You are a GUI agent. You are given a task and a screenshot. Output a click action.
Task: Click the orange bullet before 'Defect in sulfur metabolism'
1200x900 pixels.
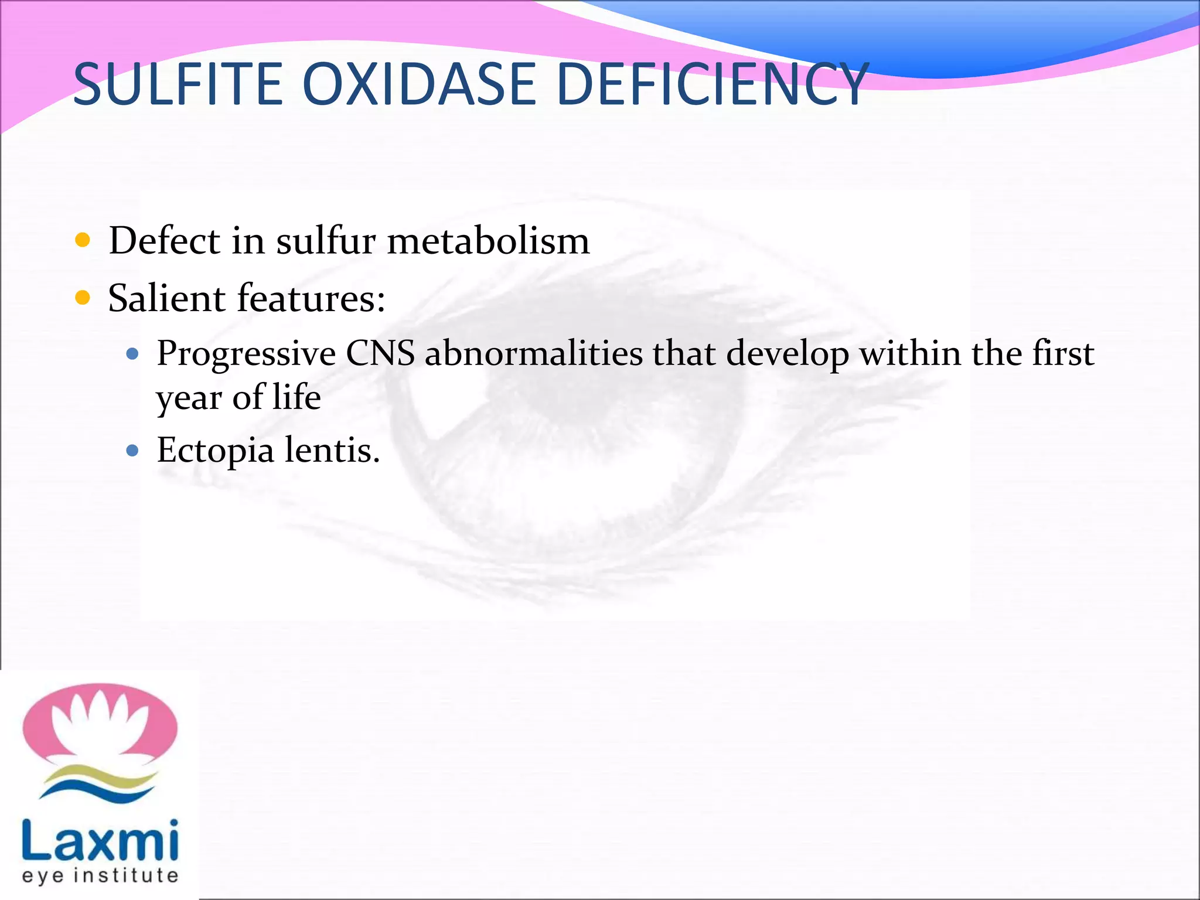(x=83, y=240)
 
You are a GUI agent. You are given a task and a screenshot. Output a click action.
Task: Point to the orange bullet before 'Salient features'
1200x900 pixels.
(x=83, y=298)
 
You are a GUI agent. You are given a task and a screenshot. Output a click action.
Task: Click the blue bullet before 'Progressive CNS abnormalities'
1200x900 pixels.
(x=132, y=353)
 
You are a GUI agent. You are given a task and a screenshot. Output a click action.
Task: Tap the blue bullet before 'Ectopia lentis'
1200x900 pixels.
(x=132, y=450)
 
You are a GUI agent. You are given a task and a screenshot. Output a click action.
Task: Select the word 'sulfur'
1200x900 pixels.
(x=325, y=240)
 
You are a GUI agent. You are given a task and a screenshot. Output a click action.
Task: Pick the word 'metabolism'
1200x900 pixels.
(x=488, y=240)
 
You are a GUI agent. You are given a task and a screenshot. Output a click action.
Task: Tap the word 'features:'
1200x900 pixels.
(x=311, y=298)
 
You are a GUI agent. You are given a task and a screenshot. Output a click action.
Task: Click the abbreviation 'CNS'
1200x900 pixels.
(x=380, y=353)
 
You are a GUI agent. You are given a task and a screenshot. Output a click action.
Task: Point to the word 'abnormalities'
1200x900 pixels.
(x=534, y=353)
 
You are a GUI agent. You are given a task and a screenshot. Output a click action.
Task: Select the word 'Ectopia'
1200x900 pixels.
(x=215, y=451)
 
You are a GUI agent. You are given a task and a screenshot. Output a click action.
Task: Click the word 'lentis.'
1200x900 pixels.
(x=332, y=450)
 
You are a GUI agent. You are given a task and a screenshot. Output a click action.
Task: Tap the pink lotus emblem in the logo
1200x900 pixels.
(x=100, y=724)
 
